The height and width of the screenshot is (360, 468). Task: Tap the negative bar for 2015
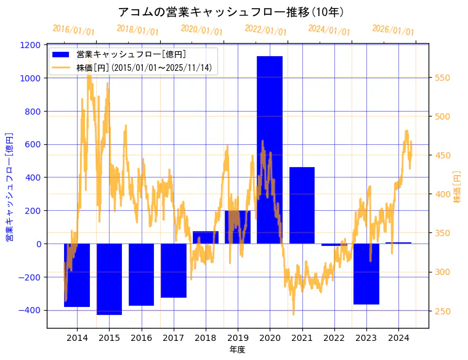(109, 279)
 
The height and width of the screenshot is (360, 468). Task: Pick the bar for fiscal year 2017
(174, 271)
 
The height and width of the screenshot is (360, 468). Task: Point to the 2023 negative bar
(366, 274)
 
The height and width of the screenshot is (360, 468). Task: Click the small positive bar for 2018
(206, 237)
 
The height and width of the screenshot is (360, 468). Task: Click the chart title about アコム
(231, 12)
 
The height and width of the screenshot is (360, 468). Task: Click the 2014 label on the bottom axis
(77, 338)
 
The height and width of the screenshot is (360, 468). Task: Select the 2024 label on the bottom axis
(398, 338)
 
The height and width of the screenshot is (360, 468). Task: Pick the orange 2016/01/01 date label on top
(73, 30)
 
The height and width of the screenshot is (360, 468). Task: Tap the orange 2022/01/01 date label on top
(265, 30)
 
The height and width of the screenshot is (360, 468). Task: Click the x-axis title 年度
(237, 350)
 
